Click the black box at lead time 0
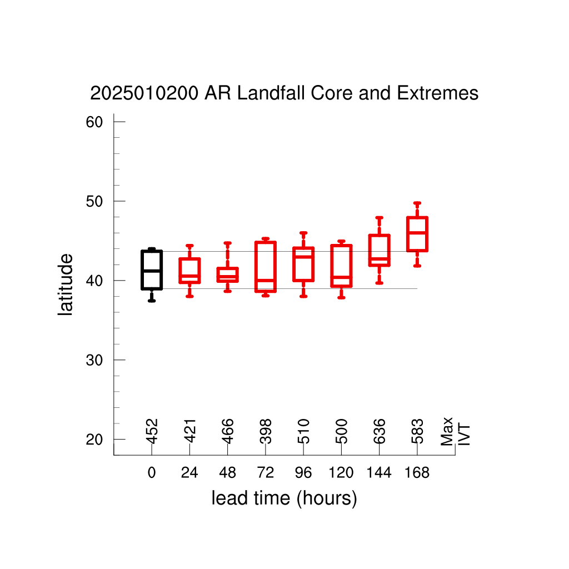point(142,270)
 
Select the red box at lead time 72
point(256,267)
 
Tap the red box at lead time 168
point(407,234)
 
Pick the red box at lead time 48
point(217,274)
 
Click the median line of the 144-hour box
point(379,259)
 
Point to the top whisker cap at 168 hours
point(417,203)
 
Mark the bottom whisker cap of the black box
point(152,301)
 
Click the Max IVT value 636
point(379,431)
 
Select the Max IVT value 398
point(266,431)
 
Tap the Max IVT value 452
point(152,431)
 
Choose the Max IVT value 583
point(417,431)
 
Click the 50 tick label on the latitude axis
point(94,201)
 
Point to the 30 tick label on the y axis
point(94,360)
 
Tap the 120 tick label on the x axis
point(341,472)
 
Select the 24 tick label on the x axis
point(189,472)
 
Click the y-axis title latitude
point(66,284)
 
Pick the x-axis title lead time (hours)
point(284,498)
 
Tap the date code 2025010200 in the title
point(144,93)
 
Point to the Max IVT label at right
point(455,432)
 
